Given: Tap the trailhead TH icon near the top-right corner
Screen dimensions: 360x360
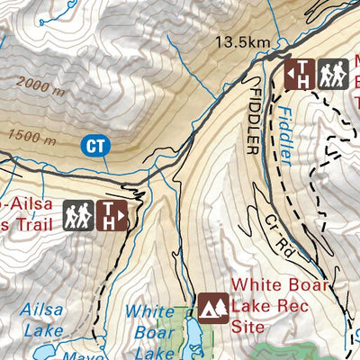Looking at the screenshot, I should coord(300,74).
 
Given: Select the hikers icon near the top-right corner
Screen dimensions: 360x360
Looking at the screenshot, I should coord(332,74).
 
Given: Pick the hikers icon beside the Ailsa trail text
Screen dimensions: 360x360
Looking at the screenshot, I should coord(77,214).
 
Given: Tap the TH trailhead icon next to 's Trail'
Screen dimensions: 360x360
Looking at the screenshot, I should coord(112,214).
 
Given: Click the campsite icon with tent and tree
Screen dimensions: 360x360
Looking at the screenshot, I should coord(213,308).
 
